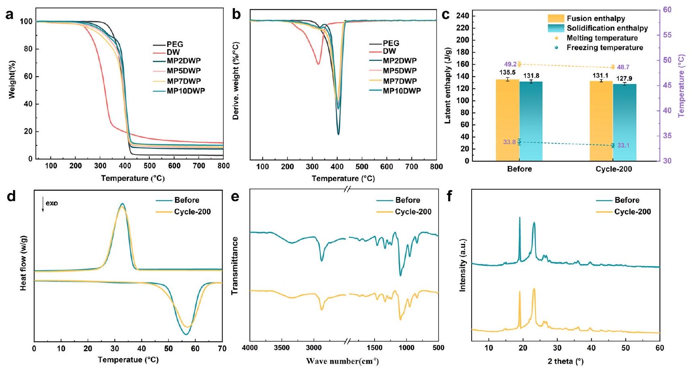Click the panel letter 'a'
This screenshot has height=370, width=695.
9,15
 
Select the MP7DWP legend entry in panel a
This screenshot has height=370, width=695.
183,81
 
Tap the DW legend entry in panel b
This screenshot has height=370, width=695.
389,51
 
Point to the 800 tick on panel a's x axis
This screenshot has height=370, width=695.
223,166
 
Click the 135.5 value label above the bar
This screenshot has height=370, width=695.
507,73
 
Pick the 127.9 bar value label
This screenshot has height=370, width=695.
624,79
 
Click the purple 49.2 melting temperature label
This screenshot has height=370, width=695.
510,64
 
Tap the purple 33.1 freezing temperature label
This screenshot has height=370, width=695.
623,145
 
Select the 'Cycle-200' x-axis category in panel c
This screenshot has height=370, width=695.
613,169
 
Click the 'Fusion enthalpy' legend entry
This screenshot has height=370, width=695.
596,19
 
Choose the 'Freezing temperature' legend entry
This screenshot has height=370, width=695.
605,48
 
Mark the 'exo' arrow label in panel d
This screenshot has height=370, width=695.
51,203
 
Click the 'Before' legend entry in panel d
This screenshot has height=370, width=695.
187,200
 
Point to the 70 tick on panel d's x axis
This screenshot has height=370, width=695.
222,348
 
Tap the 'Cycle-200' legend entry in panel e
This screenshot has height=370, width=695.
413,212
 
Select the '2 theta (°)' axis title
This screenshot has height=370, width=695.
565,361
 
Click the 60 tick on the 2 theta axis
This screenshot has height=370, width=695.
659,348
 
